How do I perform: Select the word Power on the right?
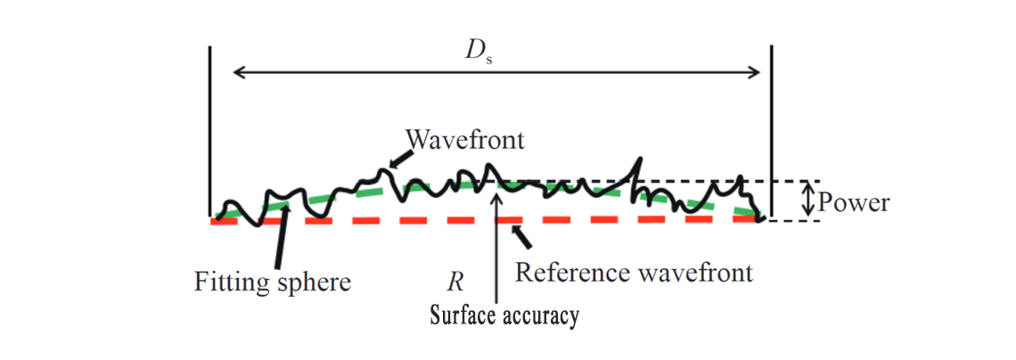click(x=853, y=202)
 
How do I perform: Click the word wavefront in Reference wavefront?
click(x=700, y=272)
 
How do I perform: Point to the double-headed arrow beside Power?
click(x=807, y=200)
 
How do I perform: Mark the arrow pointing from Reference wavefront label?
click(x=521, y=236)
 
